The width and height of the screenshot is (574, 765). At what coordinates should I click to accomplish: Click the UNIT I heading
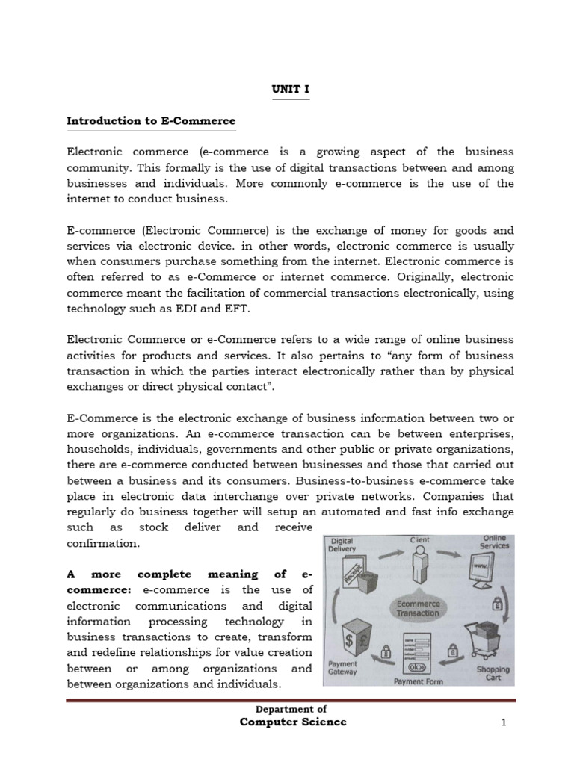tap(289, 89)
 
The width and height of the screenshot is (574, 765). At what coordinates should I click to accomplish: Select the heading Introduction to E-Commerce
tap(151, 120)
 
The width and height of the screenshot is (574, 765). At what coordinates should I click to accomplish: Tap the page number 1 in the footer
tap(504, 722)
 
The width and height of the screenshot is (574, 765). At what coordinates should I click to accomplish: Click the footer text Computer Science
tap(293, 722)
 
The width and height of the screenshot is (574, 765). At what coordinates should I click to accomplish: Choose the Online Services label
tap(494, 541)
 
